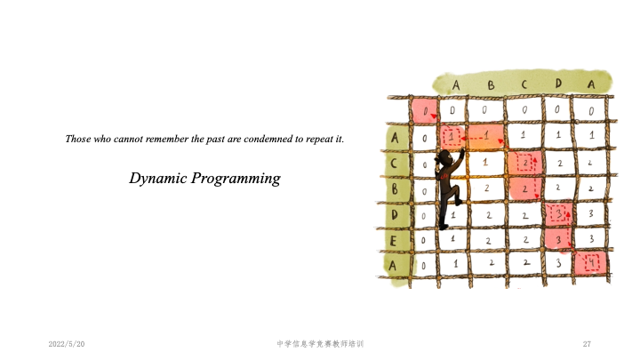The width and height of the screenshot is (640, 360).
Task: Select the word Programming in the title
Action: pyautogui.click(x=236, y=179)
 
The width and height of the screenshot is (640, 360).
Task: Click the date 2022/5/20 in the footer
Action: pyautogui.click(x=67, y=344)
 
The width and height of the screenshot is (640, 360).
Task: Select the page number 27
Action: pyautogui.click(x=587, y=344)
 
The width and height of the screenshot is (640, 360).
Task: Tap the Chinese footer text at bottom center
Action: pyautogui.click(x=320, y=344)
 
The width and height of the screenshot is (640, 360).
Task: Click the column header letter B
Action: pyautogui.click(x=491, y=85)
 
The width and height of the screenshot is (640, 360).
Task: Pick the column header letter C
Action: pyautogui.click(x=524, y=84)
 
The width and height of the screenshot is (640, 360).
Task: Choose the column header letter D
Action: pyautogui.click(x=558, y=84)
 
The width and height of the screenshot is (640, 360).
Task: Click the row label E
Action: pyautogui.click(x=393, y=241)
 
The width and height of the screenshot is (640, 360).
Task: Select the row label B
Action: pyautogui.click(x=395, y=189)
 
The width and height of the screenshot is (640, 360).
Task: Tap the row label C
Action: pyautogui.click(x=394, y=164)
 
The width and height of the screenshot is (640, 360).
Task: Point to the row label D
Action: pyautogui.click(x=394, y=215)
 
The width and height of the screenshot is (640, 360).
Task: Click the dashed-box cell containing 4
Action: pyautogui.click(x=591, y=262)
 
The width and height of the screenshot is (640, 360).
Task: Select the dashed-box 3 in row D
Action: pyautogui.click(x=558, y=213)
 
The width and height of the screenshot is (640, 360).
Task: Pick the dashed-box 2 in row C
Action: pyautogui.click(x=525, y=164)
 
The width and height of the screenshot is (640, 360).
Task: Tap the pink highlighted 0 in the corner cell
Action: pyautogui.click(x=425, y=110)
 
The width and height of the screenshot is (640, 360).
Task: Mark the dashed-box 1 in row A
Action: pyautogui.click(x=452, y=136)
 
